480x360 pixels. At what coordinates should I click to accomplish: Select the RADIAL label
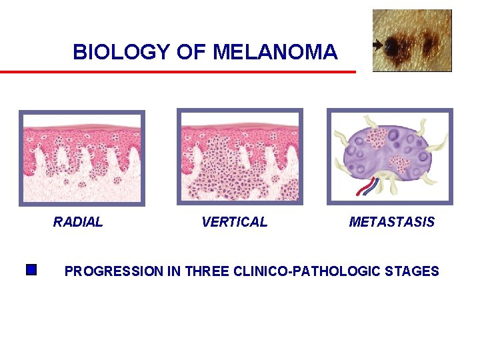coord(78,222)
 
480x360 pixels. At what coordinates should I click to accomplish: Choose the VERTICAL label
coord(234,222)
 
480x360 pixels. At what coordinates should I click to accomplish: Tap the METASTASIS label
coord(391,222)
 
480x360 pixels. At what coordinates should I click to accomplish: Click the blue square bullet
coord(30,270)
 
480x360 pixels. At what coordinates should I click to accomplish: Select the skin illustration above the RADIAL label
coord(81,157)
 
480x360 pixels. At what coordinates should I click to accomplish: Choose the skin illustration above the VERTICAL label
coord(239,157)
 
